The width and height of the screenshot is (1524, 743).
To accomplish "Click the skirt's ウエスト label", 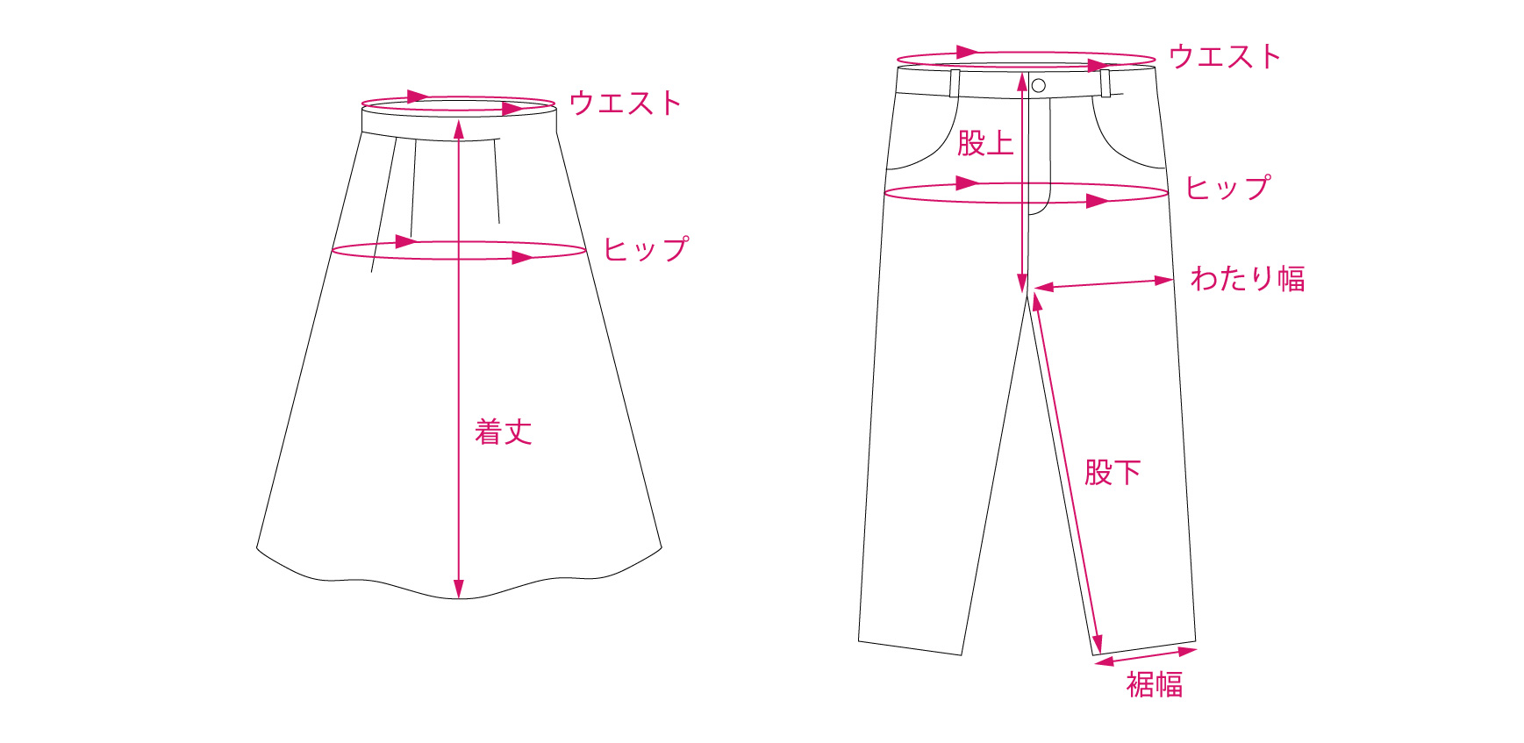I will pyautogui.click(x=625, y=104).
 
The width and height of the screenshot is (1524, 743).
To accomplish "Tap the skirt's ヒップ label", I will pyautogui.click(x=646, y=249).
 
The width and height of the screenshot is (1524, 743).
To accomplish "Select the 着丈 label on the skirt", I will pyautogui.click(x=504, y=432).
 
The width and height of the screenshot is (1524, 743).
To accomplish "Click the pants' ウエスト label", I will pyautogui.click(x=1225, y=57).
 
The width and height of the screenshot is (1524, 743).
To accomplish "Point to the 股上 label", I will pyautogui.click(x=985, y=143).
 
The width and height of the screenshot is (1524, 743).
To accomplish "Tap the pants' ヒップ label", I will pyautogui.click(x=1227, y=188).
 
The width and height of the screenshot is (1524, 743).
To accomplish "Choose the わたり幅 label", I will pyautogui.click(x=1248, y=279).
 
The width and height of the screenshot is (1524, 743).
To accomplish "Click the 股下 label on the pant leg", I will pyautogui.click(x=1113, y=473).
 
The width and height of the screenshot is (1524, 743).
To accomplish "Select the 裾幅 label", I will pyautogui.click(x=1155, y=684).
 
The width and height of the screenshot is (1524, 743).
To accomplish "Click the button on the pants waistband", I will pyautogui.click(x=1039, y=85).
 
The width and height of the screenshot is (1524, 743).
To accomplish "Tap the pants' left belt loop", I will pyautogui.click(x=955, y=83).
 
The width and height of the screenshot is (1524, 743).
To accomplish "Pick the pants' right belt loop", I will pyautogui.click(x=1105, y=83).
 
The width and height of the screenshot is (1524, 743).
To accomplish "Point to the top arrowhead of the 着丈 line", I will pyautogui.click(x=458, y=128).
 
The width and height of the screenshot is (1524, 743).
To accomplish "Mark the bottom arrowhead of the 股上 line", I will pyautogui.click(x=1022, y=283).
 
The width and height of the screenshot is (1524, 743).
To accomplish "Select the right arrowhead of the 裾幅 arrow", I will pyautogui.click(x=1188, y=651).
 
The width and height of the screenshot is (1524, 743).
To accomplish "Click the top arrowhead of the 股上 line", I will pyautogui.click(x=1022, y=82).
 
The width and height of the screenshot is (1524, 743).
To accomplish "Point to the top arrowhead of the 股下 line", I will pyautogui.click(x=1037, y=302).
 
